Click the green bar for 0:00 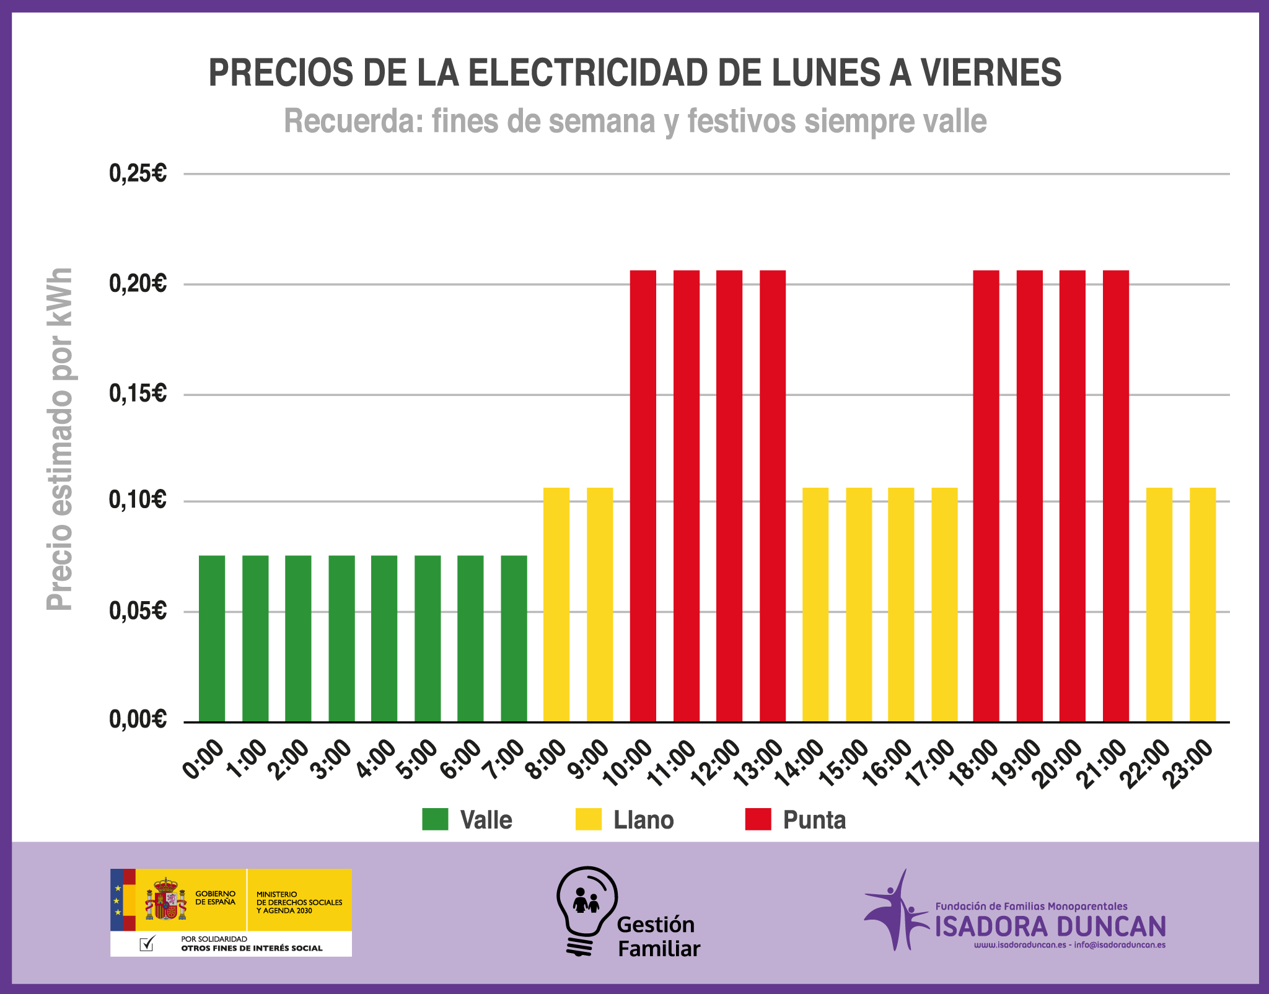(212, 638)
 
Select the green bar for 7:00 (514, 638)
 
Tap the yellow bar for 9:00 (600, 604)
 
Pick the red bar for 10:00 (643, 496)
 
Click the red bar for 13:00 (773, 496)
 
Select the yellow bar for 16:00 (901, 604)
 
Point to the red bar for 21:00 (1116, 496)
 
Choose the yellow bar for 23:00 (1203, 604)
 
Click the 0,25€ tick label (138, 174)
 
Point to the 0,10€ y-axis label (138, 500)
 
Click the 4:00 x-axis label (377, 760)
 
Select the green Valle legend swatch (435, 819)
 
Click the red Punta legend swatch (758, 819)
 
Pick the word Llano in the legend (643, 820)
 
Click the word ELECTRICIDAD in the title (588, 73)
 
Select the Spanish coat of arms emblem (165, 899)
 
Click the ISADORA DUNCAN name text (1050, 926)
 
